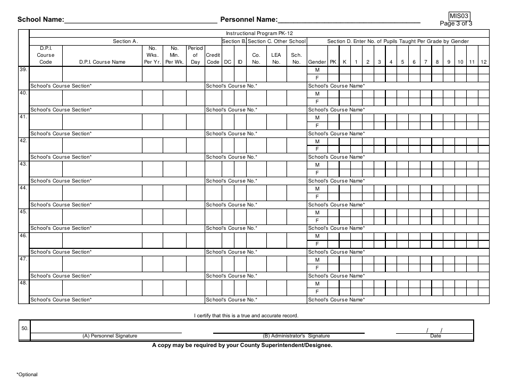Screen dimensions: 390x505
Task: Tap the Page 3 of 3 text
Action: [456, 23]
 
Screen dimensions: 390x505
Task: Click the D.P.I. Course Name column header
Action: [102, 62]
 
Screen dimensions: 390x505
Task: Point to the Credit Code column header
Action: [213, 55]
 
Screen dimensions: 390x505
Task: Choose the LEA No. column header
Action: [276, 58]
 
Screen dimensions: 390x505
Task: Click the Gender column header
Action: [317, 62]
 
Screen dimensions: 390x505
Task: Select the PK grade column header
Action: [333, 62]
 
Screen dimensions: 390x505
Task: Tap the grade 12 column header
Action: [483, 62]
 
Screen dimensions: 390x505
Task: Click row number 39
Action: [23, 70]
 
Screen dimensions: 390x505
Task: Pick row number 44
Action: [23, 188]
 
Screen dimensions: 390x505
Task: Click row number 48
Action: [23, 283]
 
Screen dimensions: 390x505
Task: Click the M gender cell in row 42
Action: [317, 141]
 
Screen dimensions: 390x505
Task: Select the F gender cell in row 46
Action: [317, 244]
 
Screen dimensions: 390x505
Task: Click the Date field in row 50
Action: [435, 331]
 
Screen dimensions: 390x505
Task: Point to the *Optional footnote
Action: [27, 374]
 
